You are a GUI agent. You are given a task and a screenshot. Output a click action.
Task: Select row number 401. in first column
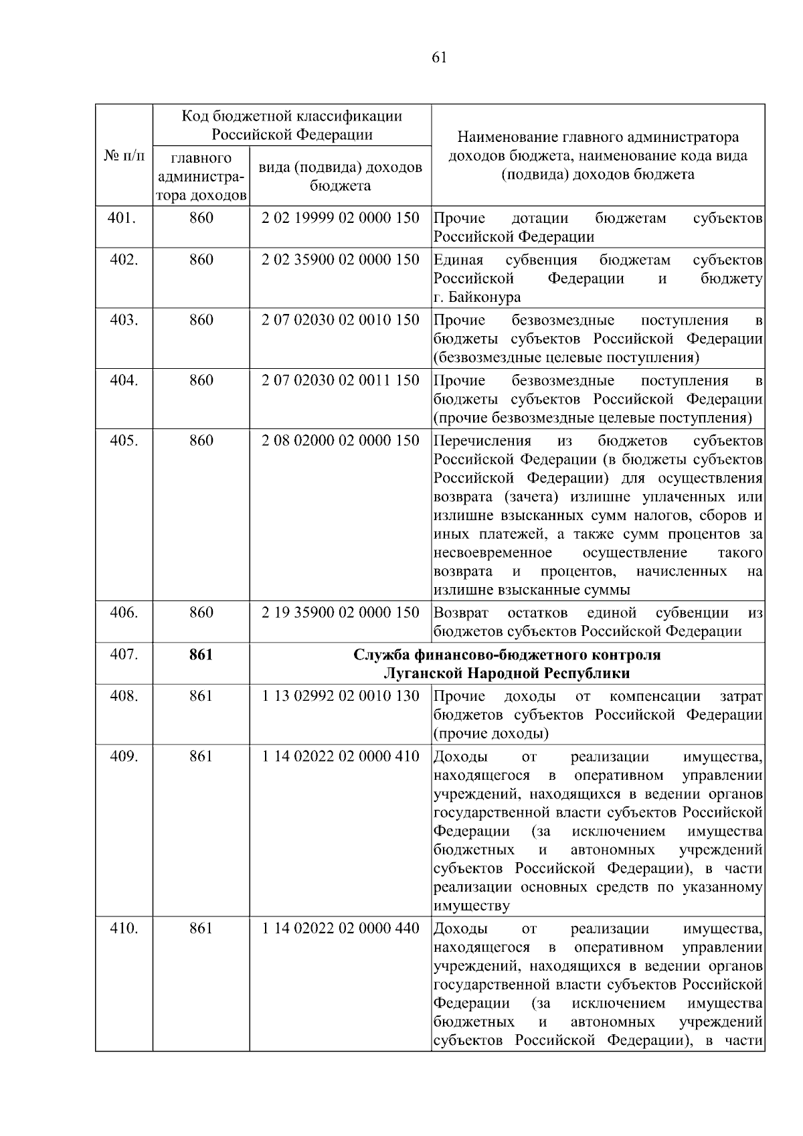click(123, 218)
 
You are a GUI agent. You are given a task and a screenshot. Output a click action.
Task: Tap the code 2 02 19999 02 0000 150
click(341, 218)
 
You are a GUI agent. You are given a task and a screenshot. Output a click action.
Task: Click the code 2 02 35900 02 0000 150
click(341, 259)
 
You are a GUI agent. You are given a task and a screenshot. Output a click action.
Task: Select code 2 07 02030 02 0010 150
click(341, 319)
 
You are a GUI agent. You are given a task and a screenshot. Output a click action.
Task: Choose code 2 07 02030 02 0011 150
click(341, 380)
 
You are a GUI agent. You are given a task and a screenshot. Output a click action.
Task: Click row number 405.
click(123, 440)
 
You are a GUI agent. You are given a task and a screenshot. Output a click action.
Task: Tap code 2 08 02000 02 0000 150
click(341, 440)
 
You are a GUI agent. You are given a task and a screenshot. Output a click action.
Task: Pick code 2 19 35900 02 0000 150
click(341, 612)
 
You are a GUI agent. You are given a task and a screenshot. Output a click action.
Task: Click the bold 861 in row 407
click(201, 654)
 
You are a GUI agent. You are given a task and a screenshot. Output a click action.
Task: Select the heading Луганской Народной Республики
click(507, 673)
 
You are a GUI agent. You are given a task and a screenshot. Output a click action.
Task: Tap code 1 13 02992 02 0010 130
click(341, 696)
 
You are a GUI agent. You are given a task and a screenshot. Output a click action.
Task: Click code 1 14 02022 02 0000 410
click(341, 756)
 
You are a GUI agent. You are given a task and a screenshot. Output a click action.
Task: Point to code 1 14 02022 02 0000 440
click(341, 928)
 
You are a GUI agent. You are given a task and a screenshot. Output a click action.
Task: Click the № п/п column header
click(124, 156)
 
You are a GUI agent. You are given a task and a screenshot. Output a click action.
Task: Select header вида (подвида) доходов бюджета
click(341, 176)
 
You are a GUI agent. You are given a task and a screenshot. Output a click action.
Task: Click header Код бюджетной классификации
click(292, 116)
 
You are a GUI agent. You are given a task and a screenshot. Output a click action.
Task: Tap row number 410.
click(123, 928)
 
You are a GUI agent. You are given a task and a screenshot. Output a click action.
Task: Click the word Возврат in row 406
click(461, 613)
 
